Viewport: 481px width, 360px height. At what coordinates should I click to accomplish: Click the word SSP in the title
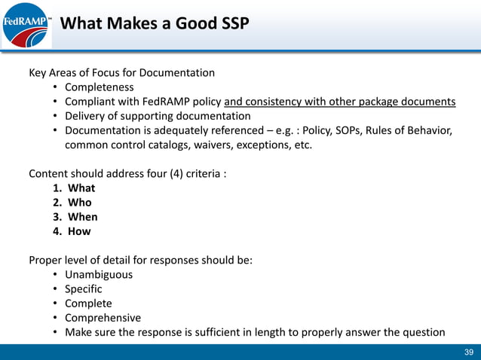click(229, 24)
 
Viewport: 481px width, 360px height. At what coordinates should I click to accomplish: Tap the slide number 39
click(468, 352)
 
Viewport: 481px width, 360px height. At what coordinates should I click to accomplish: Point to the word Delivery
click(85, 116)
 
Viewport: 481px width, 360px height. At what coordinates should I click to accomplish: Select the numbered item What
click(81, 188)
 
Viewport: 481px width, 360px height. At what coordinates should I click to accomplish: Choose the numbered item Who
click(79, 203)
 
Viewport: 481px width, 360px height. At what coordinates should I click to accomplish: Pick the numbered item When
click(82, 217)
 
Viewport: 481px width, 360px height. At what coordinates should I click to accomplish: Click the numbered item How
click(79, 231)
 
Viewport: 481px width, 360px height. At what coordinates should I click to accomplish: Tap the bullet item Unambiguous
click(99, 275)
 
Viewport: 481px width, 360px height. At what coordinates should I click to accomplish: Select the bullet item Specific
click(83, 289)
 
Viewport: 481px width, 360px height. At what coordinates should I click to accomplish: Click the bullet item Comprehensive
click(103, 318)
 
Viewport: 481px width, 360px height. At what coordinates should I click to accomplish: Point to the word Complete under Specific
click(88, 304)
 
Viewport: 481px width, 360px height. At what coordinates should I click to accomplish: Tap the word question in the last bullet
click(421, 332)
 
